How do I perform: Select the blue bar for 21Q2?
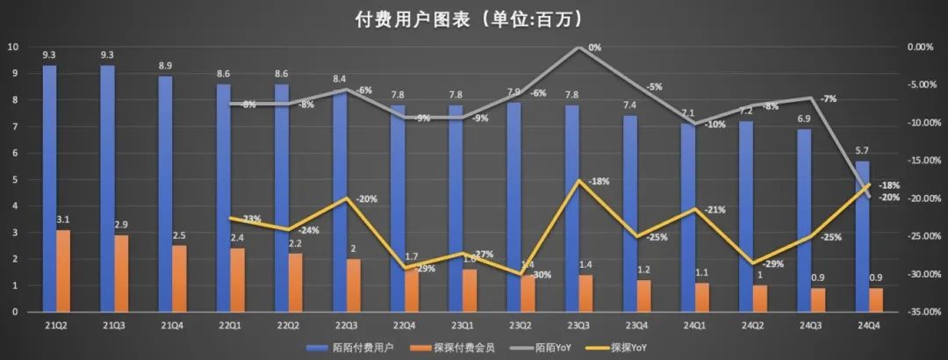(x=49, y=188)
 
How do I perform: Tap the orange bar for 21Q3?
(x=121, y=273)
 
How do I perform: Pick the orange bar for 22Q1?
(x=237, y=279)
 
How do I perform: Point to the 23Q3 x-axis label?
(x=578, y=327)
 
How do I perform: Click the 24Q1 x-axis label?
(x=693, y=327)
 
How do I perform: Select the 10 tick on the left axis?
(x=12, y=47)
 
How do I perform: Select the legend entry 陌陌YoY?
(x=569, y=348)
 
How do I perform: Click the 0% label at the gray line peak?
(x=594, y=47)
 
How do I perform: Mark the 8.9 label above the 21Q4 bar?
(x=165, y=66)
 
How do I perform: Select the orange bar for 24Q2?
(x=758, y=298)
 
